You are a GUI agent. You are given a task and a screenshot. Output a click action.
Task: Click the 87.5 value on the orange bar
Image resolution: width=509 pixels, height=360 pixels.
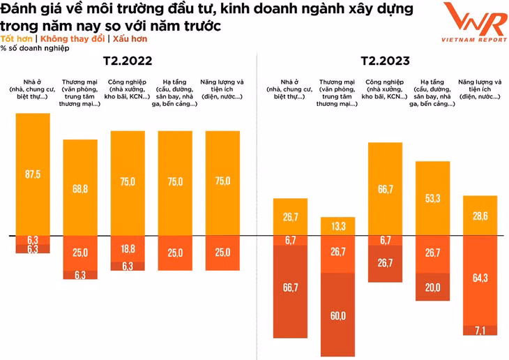pos(33,174)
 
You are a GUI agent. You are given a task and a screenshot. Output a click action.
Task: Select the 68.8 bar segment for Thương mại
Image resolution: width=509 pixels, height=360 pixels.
pos(80,188)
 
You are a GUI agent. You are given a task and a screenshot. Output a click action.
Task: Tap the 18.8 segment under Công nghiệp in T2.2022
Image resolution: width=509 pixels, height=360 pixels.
pos(128,249)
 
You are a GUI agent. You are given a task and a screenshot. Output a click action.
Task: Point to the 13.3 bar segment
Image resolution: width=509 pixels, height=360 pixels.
pos(338,226)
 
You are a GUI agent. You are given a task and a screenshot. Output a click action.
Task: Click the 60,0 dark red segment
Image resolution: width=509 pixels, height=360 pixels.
pos(338,315)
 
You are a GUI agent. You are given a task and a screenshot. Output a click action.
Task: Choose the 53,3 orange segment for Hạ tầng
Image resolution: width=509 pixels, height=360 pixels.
pos(432,199)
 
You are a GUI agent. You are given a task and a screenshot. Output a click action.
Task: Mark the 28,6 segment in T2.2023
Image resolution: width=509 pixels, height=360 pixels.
pos(480,216)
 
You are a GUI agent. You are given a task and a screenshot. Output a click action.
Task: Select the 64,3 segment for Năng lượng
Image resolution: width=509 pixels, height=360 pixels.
pos(480,278)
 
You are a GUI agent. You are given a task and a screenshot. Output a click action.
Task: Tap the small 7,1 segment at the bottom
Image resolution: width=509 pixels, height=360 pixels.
pos(480,329)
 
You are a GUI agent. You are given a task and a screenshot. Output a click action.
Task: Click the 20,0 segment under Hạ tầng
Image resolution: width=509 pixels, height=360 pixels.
pos(432,287)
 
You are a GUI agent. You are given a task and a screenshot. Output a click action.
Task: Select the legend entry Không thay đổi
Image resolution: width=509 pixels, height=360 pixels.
pos(73,39)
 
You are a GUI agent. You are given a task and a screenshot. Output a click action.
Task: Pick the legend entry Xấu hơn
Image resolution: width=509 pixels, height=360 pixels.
pos(129,39)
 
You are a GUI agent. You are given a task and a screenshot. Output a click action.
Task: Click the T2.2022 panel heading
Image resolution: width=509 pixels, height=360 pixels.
pos(128,61)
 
